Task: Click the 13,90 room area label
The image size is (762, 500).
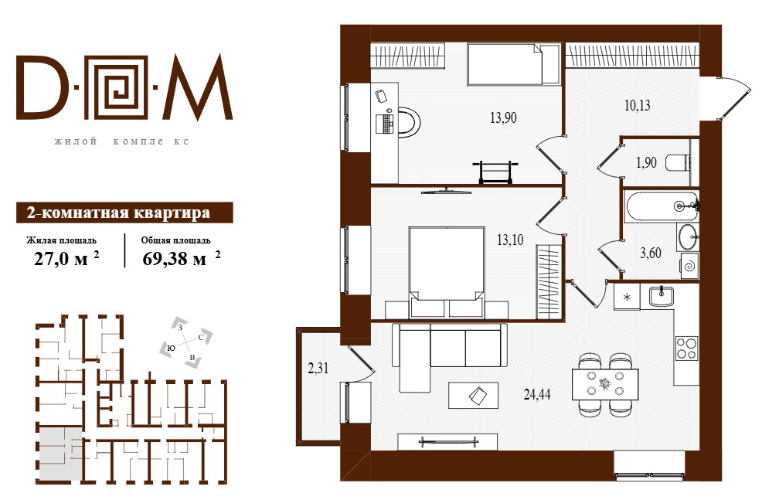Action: pyautogui.click(x=503, y=117)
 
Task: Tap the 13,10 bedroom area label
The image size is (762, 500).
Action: pyautogui.click(x=510, y=240)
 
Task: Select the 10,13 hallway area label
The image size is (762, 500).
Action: pyautogui.click(x=637, y=105)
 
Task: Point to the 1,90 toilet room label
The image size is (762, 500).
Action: pyautogui.click(x=646, y=162)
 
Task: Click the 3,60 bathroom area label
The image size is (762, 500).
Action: pyautogui.click(x=651, y=253)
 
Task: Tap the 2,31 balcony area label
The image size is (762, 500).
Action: pyautogui.click(x=318, y=369)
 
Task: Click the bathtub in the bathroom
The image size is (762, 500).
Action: pyautogui.click(x=662, y=206)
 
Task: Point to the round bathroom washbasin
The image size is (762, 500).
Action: pyautogui.click(x=688, y=237)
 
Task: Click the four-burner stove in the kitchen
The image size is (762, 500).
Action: pyautogui.click(x=687, y=348)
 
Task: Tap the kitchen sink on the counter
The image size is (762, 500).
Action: pyautogui.click(x=661, y=296)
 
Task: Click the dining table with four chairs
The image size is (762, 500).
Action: pyautogui.click(x=605, y=384)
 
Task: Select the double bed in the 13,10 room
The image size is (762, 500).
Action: pyautogui.click(x=447, y=272)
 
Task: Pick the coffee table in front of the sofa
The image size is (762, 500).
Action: pyautogui.click(x=473, y=395)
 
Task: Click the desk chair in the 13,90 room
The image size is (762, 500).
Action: pyautogui.click(x=407, y=121)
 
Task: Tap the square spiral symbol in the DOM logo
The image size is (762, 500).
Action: pyautogui.click(x=120, y=87)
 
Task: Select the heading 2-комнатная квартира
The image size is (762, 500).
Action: pyautogui.click(x=119, y=213)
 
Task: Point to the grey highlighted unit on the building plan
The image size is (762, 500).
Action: pyautogui.click(x=60, y=454)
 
